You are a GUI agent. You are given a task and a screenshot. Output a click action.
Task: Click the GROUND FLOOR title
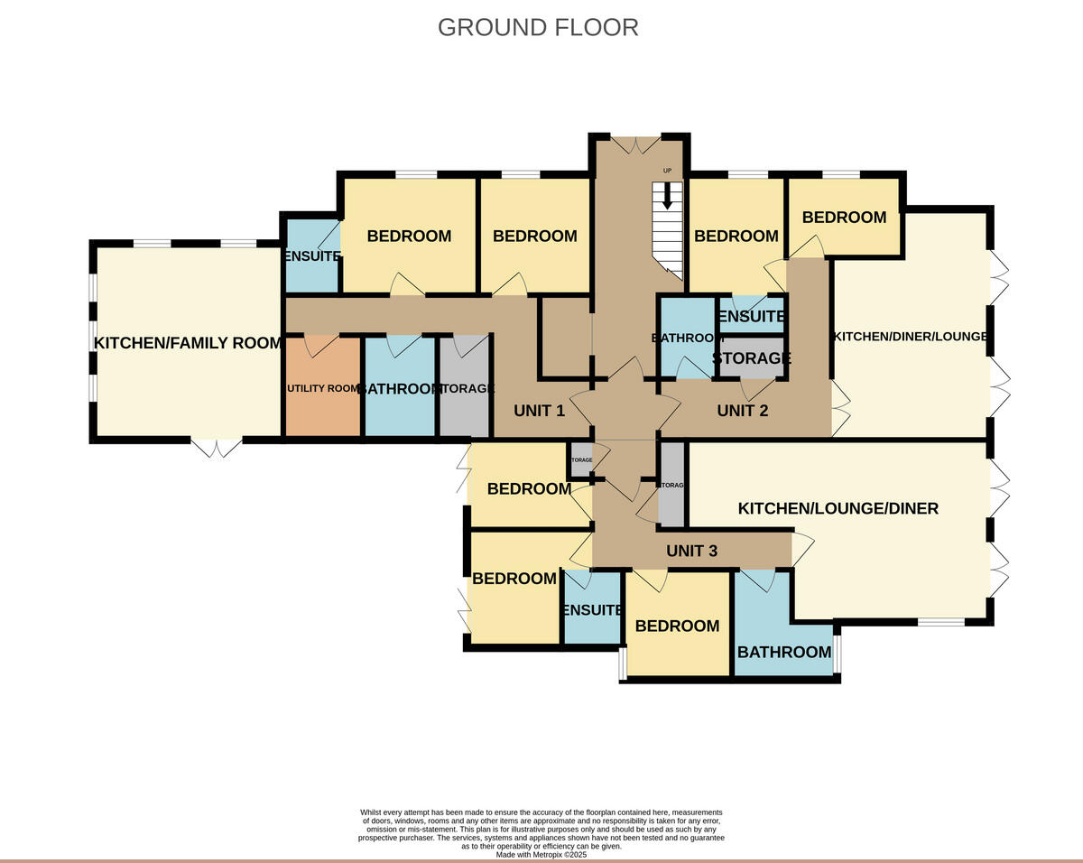click(538, 27)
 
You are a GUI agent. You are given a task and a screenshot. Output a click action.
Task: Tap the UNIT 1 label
click(539, 411)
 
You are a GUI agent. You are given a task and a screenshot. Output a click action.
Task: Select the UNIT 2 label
click(742, 411)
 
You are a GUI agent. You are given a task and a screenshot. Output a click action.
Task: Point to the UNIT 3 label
click(691, 551)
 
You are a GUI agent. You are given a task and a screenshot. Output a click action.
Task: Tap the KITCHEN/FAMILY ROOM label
click(188, 343)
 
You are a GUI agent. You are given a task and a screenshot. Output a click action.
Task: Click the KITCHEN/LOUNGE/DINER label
click(838, 508)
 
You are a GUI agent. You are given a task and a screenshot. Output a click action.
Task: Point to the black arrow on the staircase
click(668, 195)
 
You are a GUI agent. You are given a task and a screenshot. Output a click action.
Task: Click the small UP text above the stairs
click(668, 171)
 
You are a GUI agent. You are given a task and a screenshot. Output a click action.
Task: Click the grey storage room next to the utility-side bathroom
click(464, 388)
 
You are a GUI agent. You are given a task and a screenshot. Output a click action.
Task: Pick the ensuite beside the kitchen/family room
click(310, 256)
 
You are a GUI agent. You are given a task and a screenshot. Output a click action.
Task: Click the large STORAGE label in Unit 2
click(752, 358)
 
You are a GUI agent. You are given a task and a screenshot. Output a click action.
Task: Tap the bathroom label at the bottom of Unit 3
click(783, 653)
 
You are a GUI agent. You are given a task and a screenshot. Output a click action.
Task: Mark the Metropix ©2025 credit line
click(541, 854)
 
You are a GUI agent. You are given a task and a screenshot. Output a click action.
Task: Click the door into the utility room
click(321, 343)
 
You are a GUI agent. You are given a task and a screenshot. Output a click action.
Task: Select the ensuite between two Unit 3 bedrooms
click(591, 609)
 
